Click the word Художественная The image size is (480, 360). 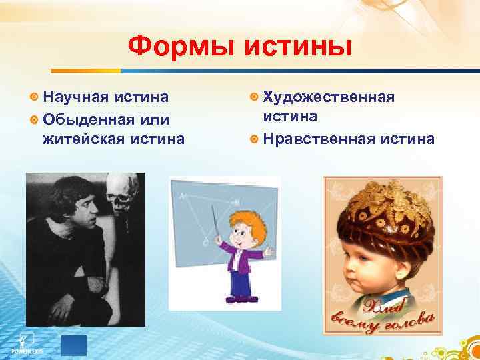[329, 97]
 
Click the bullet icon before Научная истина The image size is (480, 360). [34, 98]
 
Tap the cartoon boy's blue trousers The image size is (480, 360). [240, 287]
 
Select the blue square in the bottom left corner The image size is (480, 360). [73, 345]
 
